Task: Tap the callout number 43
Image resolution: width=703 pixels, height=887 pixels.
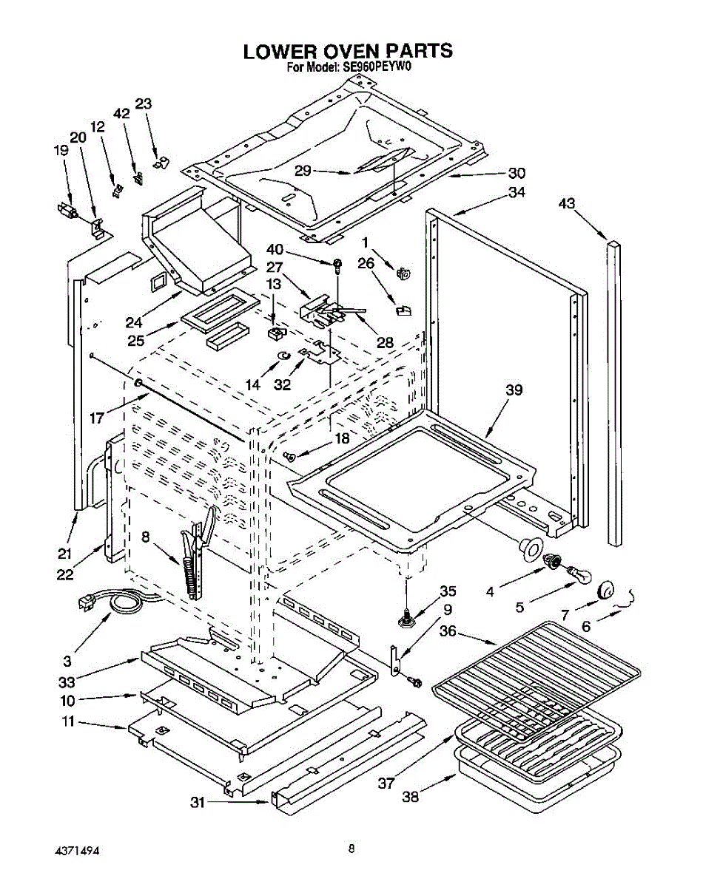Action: pos(567,203)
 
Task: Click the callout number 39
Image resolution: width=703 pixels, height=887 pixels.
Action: pos(514,390)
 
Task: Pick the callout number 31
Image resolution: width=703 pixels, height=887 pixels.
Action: pos(198,803)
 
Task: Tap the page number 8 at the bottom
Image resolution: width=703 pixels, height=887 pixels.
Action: pos(351,849)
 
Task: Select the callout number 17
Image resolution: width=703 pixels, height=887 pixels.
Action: pos(97,418)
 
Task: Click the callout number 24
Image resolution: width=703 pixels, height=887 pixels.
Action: pos(134,322)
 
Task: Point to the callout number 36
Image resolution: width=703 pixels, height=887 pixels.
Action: pos(448,631)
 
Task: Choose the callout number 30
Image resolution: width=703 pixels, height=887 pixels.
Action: pos(517,173)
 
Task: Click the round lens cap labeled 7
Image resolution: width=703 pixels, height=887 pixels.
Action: pos(605,591)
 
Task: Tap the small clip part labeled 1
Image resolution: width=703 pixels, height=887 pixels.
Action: pos(404,273)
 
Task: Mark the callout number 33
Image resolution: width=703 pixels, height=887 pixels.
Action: pos(67,682)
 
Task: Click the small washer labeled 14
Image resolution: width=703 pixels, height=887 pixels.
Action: pos(284,355)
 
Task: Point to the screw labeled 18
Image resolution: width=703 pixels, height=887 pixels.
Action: pos(290,455)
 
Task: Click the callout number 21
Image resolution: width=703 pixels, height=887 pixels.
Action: pos(64,554)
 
